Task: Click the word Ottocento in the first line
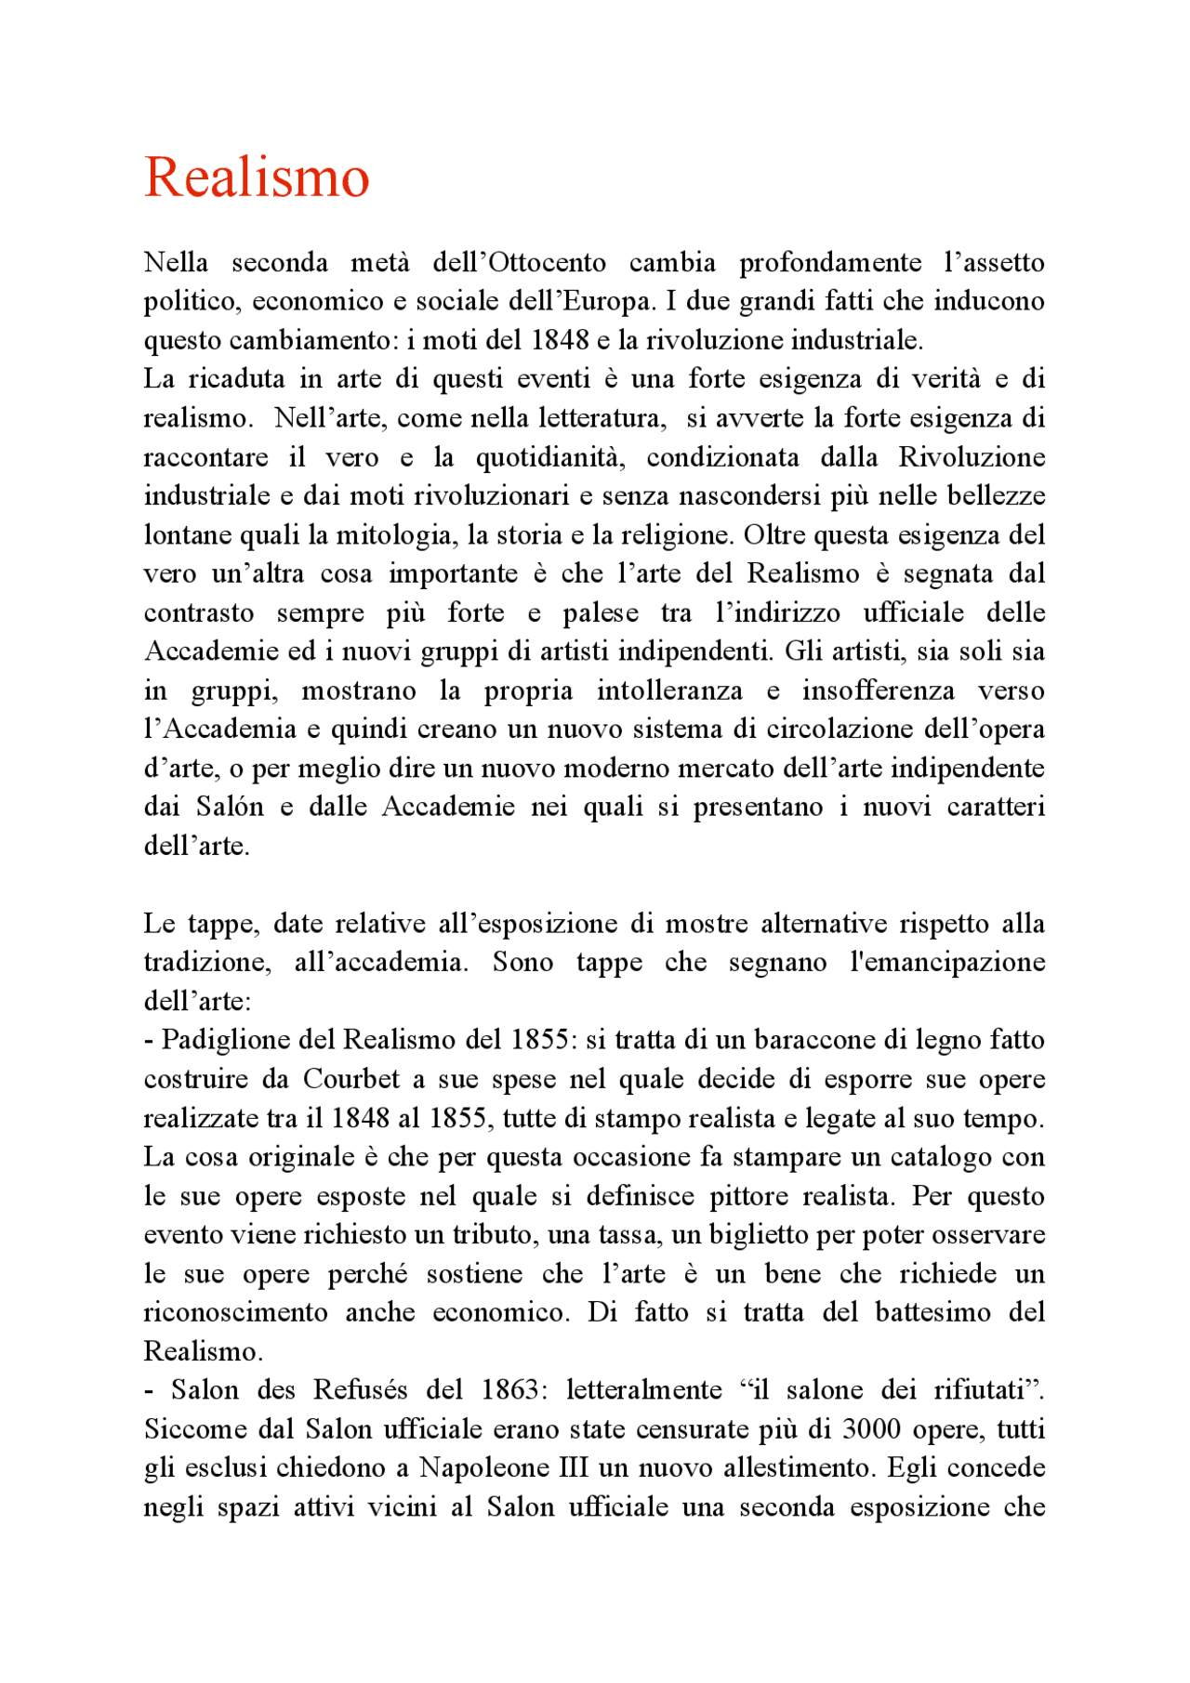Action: [547, 262]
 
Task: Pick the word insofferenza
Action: [878, 690]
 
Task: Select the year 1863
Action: [510, 1390]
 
